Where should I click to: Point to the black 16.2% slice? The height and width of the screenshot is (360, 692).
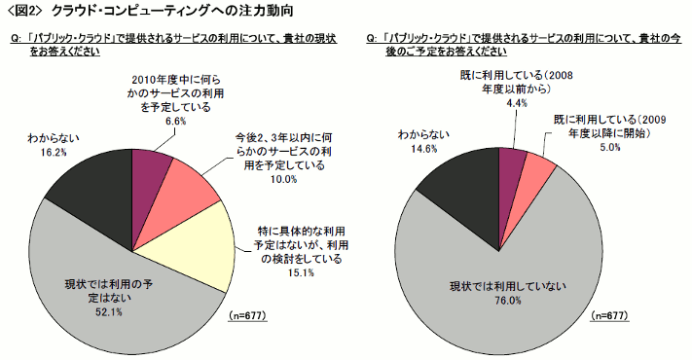[x=92, y=189]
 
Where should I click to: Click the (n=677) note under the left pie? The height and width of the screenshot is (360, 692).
[x=248, y=317]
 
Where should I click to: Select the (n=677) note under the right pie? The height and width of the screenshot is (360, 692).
[x=609, y=317]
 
